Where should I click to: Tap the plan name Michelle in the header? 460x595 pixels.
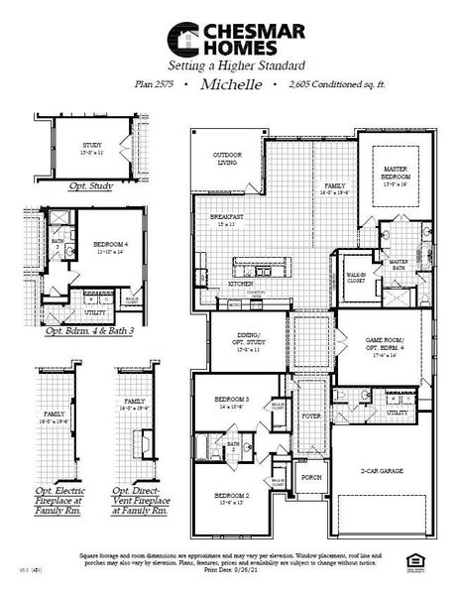point(230,85)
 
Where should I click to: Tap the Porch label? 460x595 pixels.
point(312,477)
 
